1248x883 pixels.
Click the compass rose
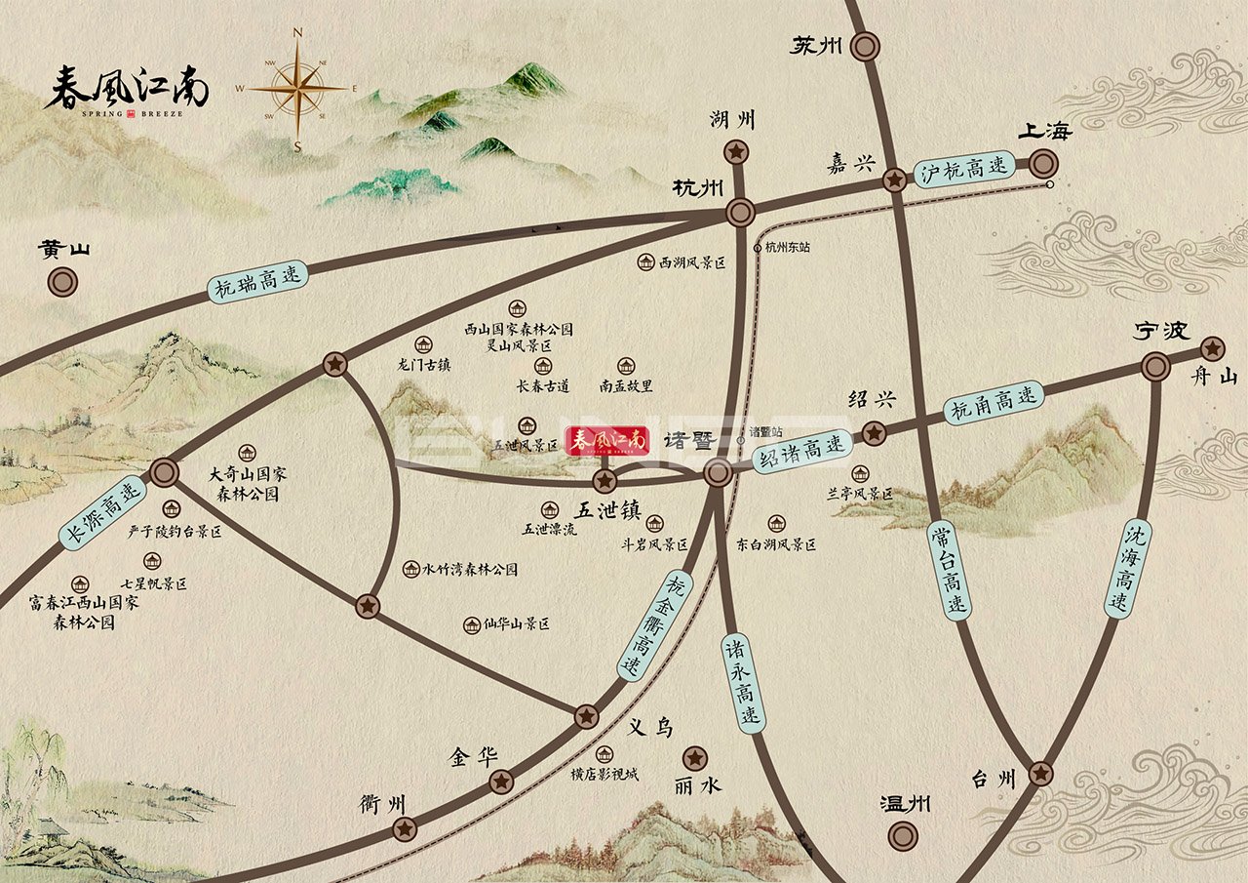pyautogui.click(x=297, y=89)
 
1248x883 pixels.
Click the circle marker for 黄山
pyautogui.click(x=63, y=283)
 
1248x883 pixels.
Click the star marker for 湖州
pyautogui.click(x=736, y=151)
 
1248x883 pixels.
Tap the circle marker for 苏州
pyautogui.click(x=865, y=46)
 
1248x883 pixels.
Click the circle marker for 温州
pyautogui.click(x=903, y=835)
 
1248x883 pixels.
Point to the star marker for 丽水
pyautogui.click(x=695, y=757)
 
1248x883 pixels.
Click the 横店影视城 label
pyautogui.click(x=604, y=774)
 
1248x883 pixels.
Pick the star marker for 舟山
pyautogui.click(x=1212, y=348)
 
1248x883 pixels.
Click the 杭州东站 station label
pyautogui.click(x=788, y=248)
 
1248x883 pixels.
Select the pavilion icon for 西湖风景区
pyautogui.click(x=646, y=261)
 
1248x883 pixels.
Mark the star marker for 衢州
pyautogui.click(x=404, y=829)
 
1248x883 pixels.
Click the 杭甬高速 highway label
pyautogui.click(x=994, y=402)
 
